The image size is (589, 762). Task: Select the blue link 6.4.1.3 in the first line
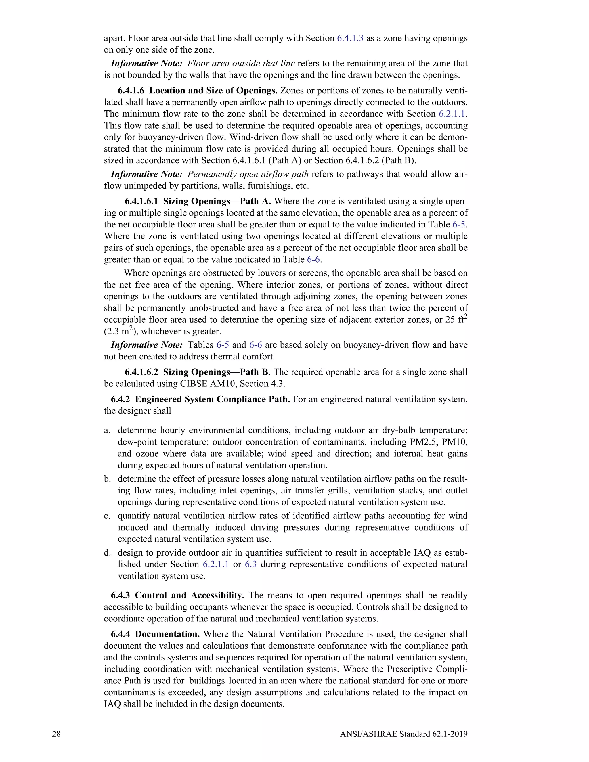coord(350,38)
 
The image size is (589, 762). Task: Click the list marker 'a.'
coord(107,430)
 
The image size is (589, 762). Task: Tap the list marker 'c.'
coord(107,516)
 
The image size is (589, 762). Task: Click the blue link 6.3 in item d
coord(250,564)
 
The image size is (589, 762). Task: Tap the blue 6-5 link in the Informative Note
coord(223,345)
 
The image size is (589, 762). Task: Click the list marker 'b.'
coord(107,479)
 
